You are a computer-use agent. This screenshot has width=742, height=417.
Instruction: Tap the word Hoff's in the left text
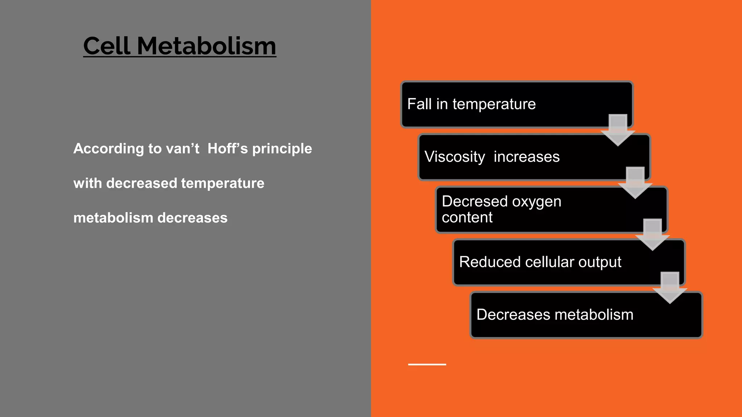(x=228, y=148)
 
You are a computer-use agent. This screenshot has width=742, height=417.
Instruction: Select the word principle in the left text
(x=282, y=149)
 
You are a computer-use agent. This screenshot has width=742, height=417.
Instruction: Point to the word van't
(x=182, y=148)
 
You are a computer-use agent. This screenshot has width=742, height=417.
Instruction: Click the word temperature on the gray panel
(x=222, y=183)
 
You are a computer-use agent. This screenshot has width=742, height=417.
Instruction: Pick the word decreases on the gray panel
(x=192, y=218)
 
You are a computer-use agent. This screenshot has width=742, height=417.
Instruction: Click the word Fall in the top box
(x=419, y=104)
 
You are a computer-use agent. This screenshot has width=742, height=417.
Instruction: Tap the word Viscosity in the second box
(x=454, y=157)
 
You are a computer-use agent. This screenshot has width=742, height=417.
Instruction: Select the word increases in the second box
(x=526, y=157)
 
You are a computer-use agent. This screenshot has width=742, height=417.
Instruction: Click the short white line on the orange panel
(x=427, y=364)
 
